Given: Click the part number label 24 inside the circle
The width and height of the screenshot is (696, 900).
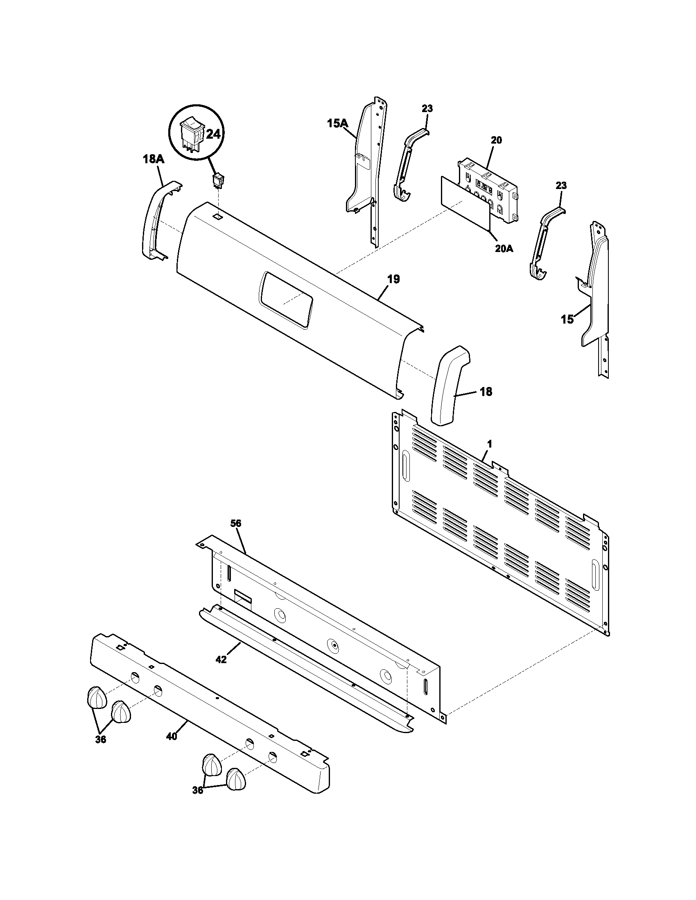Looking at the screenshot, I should [x=213, y=134].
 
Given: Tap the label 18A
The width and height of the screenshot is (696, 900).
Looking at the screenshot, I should [x=154, y=160].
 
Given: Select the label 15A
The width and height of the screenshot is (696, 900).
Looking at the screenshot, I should [x=338, y=123].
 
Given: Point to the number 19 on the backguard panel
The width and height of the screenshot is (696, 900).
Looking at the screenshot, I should [x=393, y=279].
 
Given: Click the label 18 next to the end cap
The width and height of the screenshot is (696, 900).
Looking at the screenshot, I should [x=486, y=392].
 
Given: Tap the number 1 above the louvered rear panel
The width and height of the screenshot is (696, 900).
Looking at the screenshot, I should [x=489, y=444].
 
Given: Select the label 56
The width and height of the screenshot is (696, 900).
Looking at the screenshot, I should [x=236, y=523].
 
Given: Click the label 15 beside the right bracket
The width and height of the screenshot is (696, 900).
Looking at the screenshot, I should [x=567, y=319].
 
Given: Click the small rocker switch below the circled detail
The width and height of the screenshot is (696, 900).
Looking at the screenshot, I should [x=217, y=181].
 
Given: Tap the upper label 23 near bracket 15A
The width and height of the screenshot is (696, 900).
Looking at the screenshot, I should [x=427, y=109].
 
